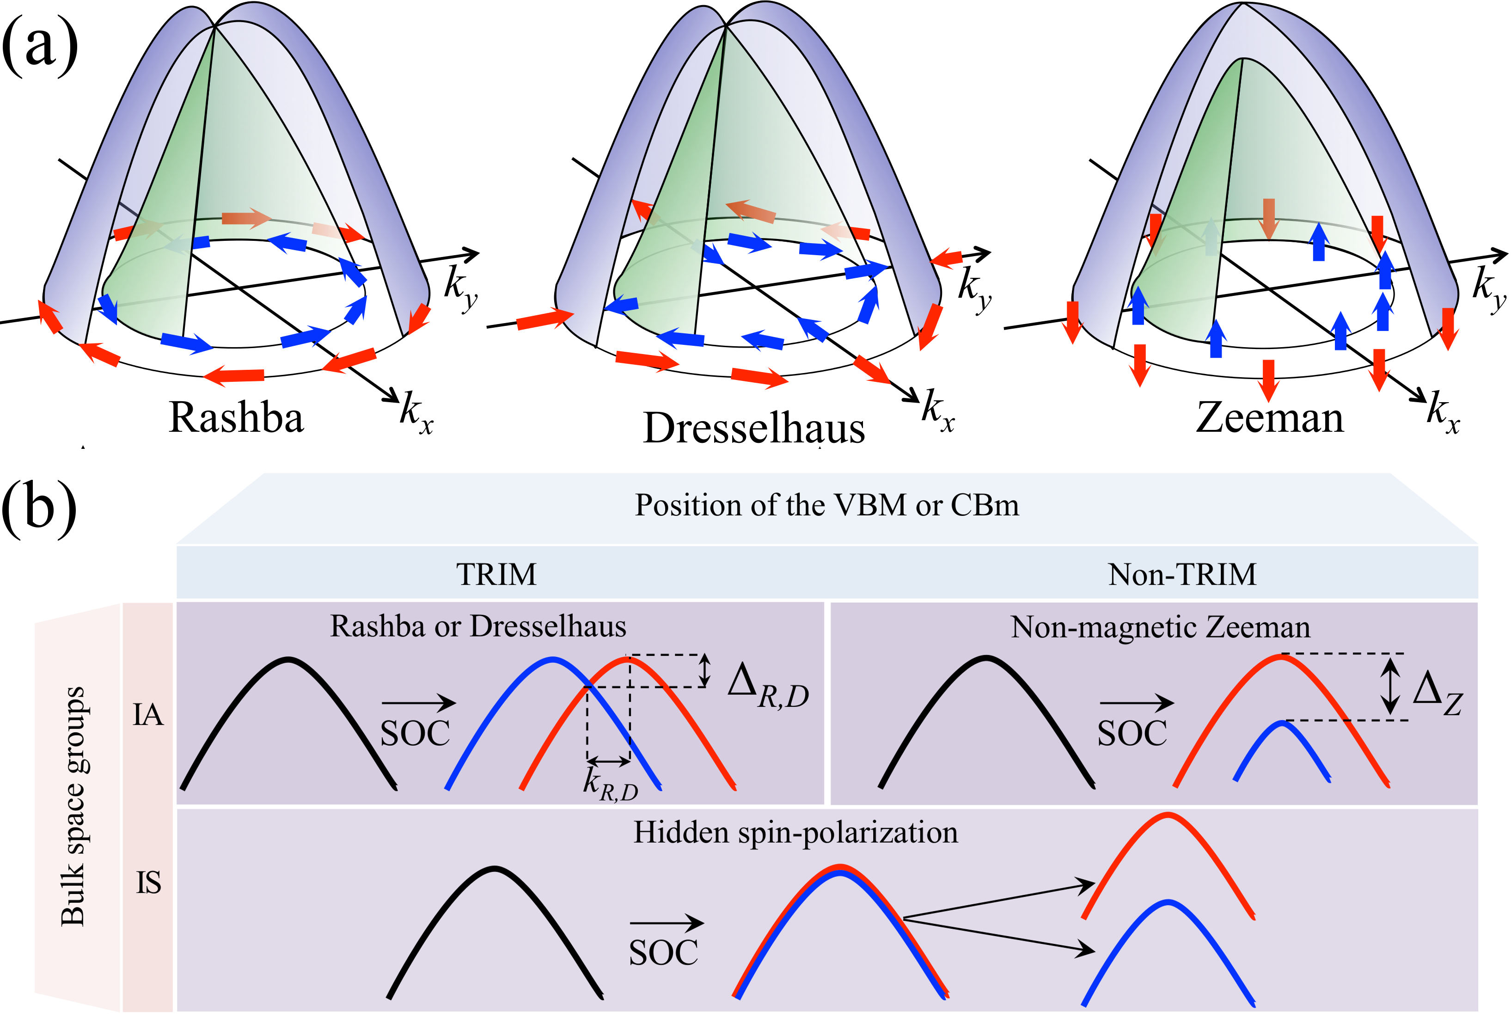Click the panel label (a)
(x=40, y=47)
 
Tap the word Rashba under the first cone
(x=236, y=417)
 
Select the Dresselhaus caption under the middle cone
(x=753, y=428)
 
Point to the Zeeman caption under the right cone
(x=1269, y=417)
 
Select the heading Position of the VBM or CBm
(x=827, y=505)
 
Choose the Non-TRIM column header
(x=1182, y=575)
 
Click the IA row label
(x=148, y=716)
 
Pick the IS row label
(x=148, y=883)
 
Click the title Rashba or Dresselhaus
(x=478, y=626)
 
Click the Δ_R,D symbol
(x=767, y=687)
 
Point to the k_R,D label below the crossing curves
(x=610, y=784)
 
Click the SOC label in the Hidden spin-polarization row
(x=663, y=953)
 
